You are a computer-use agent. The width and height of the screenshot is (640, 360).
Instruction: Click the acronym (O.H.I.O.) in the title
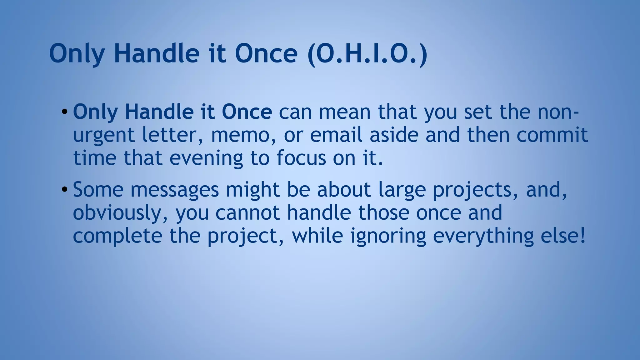pyautogui.click(x=367, y=54)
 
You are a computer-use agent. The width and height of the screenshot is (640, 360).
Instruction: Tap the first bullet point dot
pyautogui.click(x=64, y=112)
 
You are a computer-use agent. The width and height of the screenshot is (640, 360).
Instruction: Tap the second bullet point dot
pyautogui.click(x=64, y=189)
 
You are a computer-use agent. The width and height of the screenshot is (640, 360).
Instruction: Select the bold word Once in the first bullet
pyautogui.click(x=247, y=112)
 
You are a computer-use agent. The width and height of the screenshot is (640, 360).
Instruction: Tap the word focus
pyautogui.click(x=301, y=158)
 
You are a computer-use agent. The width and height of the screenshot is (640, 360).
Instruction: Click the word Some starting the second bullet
pyautogui.click(x=98, y=190)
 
